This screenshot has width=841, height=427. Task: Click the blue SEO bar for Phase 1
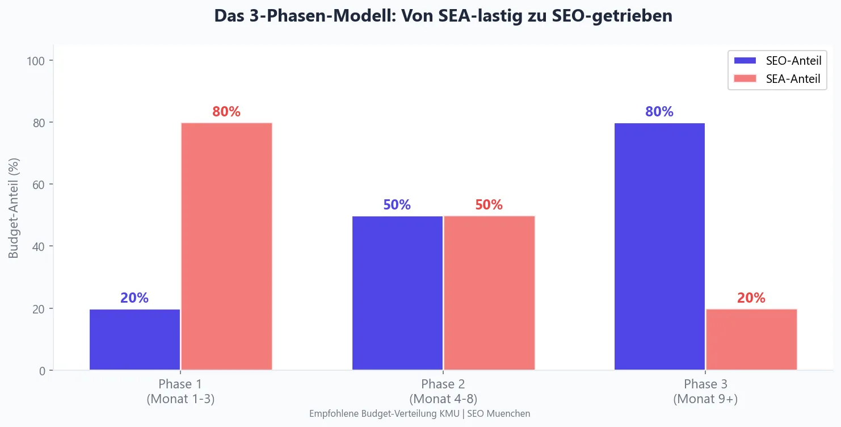pyautogui.click(x=134, y=340)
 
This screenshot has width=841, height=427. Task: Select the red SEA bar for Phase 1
pyautogui.click(x=226, y=246)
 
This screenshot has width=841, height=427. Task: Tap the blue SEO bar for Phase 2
pyautogui.click(x=397, y=293)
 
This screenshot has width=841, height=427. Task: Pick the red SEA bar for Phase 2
pyautogui.click(x=489, y=293)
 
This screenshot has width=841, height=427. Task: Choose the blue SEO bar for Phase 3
pyautogui.click(x=659, y=246)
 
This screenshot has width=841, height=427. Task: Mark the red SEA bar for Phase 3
pyautogui.click(x=751, y=340)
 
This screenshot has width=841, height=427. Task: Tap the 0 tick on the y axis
pyautogui.click(x=45, y=371)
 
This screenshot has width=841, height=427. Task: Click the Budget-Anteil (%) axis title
pyautogui.click(x=14, y=207)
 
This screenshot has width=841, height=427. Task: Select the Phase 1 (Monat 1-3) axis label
pyautogui.click(x=180, y=391)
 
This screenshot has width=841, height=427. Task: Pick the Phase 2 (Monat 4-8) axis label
pyautogui.click(x=443, y=391)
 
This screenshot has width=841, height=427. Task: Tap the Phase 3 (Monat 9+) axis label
pyautogui.click(x=705, y=391)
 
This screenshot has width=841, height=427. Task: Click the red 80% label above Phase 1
pyautogui.click(x=226, y=112)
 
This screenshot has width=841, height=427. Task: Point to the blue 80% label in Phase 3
pyautogui.click(x=659, y=112)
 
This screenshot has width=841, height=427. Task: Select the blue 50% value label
pyautogui.click(x=397, y=205)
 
